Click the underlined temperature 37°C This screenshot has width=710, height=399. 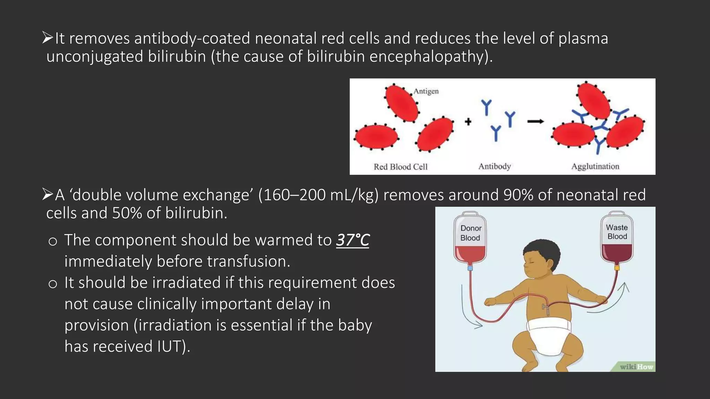[353, 240]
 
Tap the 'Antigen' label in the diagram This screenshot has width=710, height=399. [426, 91]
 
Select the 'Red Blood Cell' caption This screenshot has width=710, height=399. [400, 167]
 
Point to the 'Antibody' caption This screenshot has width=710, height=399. [495, 167]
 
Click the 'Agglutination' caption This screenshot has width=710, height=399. [595, 167]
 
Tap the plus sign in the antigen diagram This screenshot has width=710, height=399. [468, 122]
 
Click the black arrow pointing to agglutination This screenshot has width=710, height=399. [536, 122]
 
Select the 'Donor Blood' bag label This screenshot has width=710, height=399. [470, 233]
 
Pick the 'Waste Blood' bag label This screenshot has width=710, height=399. [617, 232]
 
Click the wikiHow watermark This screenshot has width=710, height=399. [636, 367]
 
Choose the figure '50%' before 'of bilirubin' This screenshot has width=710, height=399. [127, 213]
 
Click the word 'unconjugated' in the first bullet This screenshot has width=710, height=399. [95, 56]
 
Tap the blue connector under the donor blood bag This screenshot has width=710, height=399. [470, 268]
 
